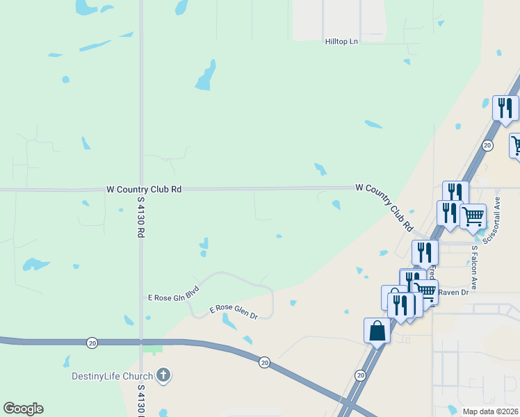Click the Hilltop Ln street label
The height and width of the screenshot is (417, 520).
pyautogui.click(x=341, y=42)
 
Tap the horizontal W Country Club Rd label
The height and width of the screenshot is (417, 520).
pyautogui.click(x=144, y=189)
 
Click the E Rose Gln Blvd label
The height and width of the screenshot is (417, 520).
pyautogui.click(x=174, y=293)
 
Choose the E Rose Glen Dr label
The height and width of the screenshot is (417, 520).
pyautogui.click(x=234, y=312)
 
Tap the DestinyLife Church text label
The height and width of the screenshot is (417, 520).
pyautogui.click(x=112, y=377)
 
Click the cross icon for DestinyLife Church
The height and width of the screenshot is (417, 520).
pyautogui.click(x=163, y=376)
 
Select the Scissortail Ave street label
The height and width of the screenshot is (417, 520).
pyautogui.click(x=497, y=213)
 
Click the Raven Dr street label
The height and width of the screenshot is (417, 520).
pyautogui.click(x=454, y=293)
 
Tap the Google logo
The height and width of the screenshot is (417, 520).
pyautogui.click(x=23, y=409)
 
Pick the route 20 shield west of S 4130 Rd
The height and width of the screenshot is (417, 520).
pyautogui.click(x=92, y=343)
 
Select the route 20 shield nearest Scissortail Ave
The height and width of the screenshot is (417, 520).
pyautogui.click(x=487, y=145)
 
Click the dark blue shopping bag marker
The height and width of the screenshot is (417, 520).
pyautogui.click(x=377, y=330)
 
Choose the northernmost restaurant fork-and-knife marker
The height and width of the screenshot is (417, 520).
pyautogui.click(x=505, y=108)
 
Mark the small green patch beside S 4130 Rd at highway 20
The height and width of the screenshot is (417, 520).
pyautogui.click(x=152, y=349)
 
